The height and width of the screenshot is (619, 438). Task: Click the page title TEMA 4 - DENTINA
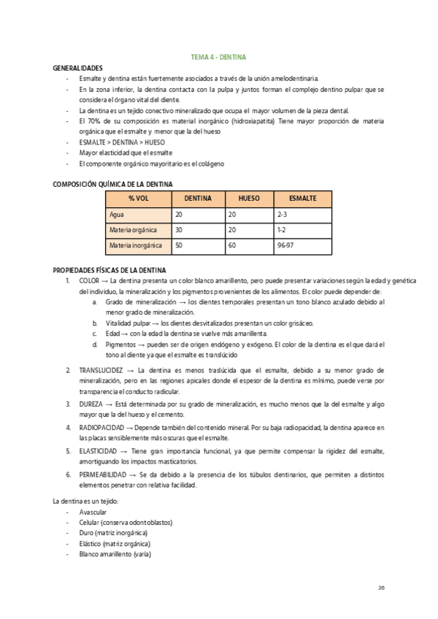point(218,56)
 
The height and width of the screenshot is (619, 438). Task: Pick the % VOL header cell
point(139,199)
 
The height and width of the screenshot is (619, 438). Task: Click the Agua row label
point(117,215)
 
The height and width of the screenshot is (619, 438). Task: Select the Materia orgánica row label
point(133,231)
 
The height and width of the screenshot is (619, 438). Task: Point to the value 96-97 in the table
point(286,247)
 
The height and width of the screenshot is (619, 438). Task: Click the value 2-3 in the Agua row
point(283,215)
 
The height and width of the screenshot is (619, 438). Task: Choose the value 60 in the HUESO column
point(232,247)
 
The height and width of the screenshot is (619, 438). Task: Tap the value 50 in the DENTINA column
point(179,247)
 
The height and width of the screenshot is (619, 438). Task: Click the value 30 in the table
point(179,231)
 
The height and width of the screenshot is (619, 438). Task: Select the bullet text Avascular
point(93,512)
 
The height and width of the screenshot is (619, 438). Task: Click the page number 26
point(381,588)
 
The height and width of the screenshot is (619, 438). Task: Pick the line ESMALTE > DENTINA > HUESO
point(117,142)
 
